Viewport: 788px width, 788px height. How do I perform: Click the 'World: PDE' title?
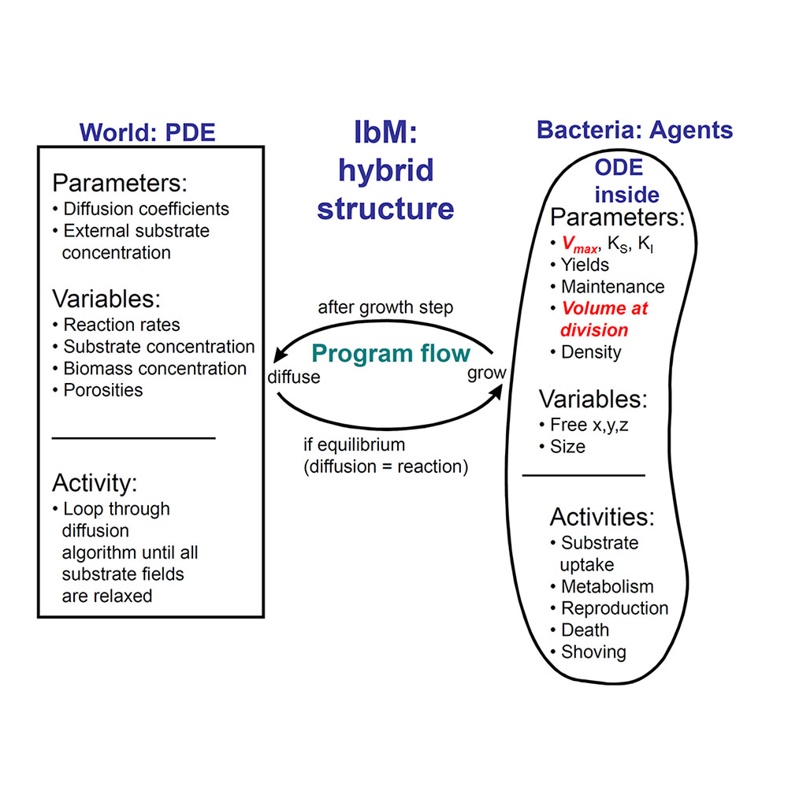click(x=147, y=132)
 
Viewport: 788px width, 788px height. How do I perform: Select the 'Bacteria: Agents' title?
click(x=634, y=130)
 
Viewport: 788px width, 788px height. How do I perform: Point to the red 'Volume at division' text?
click(x=604, y=318)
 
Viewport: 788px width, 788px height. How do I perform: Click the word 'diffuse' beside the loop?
click(x=294, y=377)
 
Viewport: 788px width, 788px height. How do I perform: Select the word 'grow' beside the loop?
click(x=486, y=373)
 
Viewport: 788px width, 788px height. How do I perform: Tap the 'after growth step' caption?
click(x=385, y=307)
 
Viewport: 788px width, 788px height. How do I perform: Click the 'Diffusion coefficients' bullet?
click(x=146, y=209)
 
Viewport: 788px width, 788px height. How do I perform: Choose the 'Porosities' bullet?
click(x=103, y=390)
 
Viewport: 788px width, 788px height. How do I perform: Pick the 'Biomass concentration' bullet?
click(x=154, y=368)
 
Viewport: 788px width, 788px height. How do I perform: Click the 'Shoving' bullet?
click(x=593, y=652)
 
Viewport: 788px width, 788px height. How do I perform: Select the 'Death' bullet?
click(x=585, y=630)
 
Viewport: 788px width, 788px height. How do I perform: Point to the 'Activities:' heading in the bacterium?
click(x=601, y=517)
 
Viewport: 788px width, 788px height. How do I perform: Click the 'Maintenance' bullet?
click(x=612, y=287)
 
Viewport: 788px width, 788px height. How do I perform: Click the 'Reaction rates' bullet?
click(x=121, y=325)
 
